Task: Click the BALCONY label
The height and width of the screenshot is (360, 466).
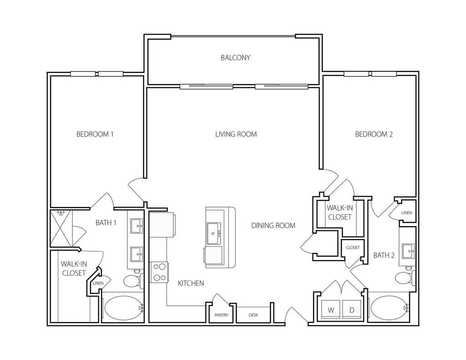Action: [235, 58]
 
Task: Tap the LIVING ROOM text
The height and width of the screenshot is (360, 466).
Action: [236, 134]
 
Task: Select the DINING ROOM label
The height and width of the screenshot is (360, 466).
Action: [274, 226]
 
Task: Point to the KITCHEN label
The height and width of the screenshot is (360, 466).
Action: [191, 283]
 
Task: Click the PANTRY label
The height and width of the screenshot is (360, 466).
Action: [222, 315]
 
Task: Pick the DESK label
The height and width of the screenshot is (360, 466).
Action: [253, 315]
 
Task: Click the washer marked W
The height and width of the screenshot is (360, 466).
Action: [331, 310]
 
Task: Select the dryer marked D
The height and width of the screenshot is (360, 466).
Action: [352, 310]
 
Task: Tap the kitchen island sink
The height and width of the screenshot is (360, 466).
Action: [214, 233]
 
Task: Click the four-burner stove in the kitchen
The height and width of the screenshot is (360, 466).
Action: [159, 273]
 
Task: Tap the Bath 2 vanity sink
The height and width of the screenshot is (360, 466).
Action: [409, 251]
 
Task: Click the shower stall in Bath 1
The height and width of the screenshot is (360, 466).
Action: [61, 228]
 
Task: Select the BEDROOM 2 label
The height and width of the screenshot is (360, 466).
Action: [374, 134]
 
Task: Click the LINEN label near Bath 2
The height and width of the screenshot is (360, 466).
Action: [406, 213]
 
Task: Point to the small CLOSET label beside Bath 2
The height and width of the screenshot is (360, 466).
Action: [353, 247]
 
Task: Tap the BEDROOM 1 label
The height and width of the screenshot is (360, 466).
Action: [95, 134]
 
